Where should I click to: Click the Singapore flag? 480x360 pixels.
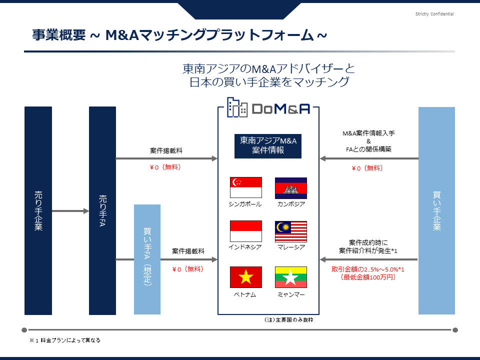pyautogui.click(x=246, y=187)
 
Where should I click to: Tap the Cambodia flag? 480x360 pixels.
pyautogui.click(x=291, y=188)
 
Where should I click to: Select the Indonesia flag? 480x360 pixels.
pyautogui.click(x=246, y=231)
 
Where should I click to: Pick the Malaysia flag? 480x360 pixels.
pyautogui.click(x=291, y=231)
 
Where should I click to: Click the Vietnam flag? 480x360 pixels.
pyautogui.click(x=246, y=277)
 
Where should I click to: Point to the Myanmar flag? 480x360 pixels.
pyautogui.click(x=291, y=277)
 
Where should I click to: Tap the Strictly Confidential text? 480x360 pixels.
pyautogui.click(x=434, y=14)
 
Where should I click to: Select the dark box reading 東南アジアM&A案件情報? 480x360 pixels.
pyautogui.click(x=268, y=146)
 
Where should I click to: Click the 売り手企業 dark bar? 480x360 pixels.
pyautogui.click(x=38, y=210)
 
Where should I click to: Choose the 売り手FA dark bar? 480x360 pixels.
pyautogui.click(x=102, y=210)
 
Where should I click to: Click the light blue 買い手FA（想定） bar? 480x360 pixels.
pyautogui.click(x=147, y=259)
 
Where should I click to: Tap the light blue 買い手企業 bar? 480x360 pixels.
pyautogui.click(x=436, y=210)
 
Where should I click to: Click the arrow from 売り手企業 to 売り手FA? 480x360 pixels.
pyautogui.click(x=70, y=211)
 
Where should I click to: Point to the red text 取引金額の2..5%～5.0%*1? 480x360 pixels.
pyautogui.click(x=367, y=269)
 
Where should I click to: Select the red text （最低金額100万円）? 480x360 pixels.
pyautogui.click(x=367, y=277)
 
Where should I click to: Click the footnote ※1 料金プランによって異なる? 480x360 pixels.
pyautogui.click(x=65, y=340)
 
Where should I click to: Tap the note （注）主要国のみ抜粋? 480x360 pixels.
pyautogui.click(x=288, y=319)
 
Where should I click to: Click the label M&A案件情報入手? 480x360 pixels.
pyautogui.click(x=368, y=133)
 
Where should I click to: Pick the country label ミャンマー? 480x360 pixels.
pyautogui.click(x=291, y=294)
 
